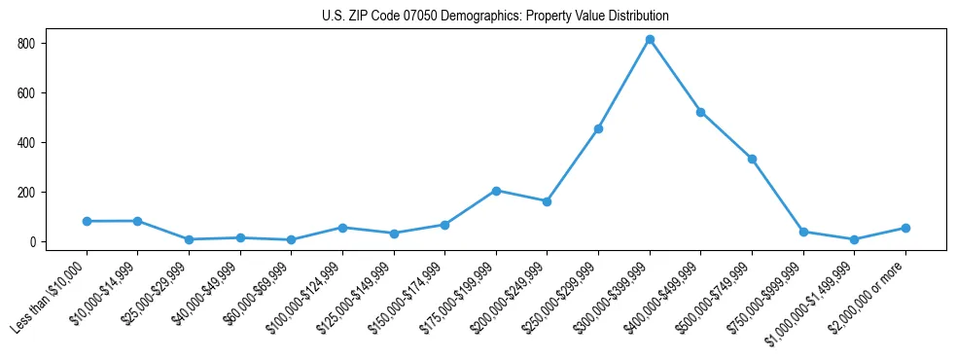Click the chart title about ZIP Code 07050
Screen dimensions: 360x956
495,17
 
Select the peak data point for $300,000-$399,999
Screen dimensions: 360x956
650,40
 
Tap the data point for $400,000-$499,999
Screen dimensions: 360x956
700,112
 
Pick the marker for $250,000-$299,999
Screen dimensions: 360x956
598,128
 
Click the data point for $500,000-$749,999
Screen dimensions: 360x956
752,159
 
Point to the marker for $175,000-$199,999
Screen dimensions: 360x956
496,191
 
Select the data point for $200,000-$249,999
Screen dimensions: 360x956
547,201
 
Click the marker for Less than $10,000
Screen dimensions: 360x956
87,221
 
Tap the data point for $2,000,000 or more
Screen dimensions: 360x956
905,228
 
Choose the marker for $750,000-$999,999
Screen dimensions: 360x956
803,232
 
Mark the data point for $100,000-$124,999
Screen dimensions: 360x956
342,228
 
